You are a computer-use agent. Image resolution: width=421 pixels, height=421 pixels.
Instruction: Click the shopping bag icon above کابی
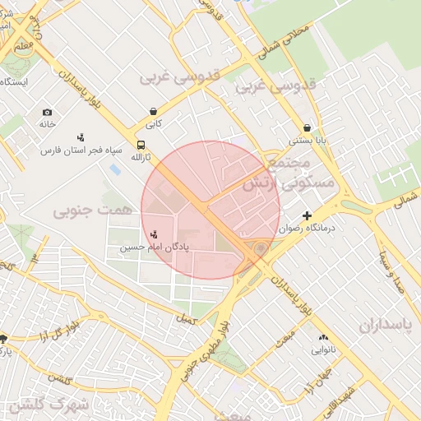pos(154,111)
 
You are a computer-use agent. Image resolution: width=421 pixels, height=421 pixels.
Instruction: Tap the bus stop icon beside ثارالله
pos(141,146)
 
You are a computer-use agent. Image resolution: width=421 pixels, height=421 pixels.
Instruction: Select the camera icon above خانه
pos(47,112)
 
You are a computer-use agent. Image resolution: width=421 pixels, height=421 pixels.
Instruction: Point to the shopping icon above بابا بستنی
pos(307,127)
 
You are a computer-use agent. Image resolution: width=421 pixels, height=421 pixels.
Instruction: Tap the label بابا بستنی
pos(307,141)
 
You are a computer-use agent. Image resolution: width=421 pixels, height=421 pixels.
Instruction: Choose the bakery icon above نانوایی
pos(322,337)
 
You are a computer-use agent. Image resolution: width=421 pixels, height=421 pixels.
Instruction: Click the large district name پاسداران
pos(385,325)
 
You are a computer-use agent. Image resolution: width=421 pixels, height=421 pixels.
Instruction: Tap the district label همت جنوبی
pos(93,211)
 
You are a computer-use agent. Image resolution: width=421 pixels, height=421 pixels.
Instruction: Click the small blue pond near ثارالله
pos(113,169)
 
